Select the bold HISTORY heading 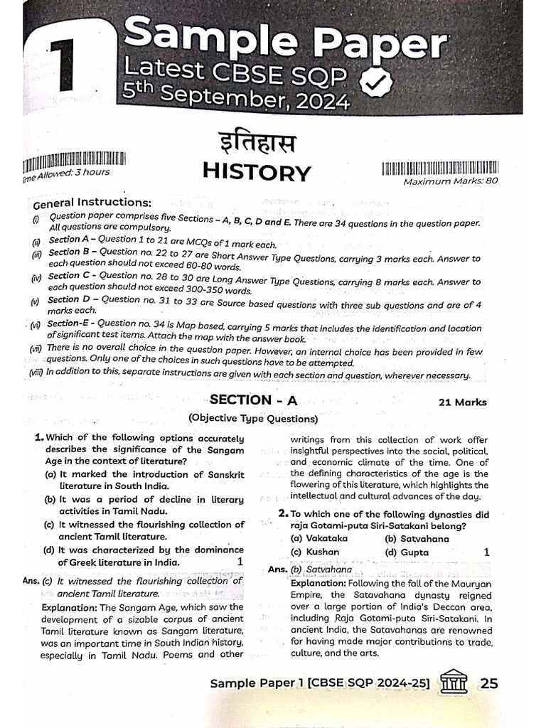click(x=257, y=173)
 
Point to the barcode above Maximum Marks click(x=440, y=168)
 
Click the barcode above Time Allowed click(x=75, y=159)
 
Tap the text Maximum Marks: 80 click(x=451, y=181)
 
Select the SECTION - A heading click(x=253, y=400)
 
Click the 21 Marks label click(x=462, y=402)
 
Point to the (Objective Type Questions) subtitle click(x=243, y=419)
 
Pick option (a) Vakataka click(x=319, y=539)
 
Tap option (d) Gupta click(x=407, y=552)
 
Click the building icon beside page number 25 click(x=454, y=682)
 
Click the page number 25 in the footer click(x=489, y=683)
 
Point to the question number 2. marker click(x=283, y=513)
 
